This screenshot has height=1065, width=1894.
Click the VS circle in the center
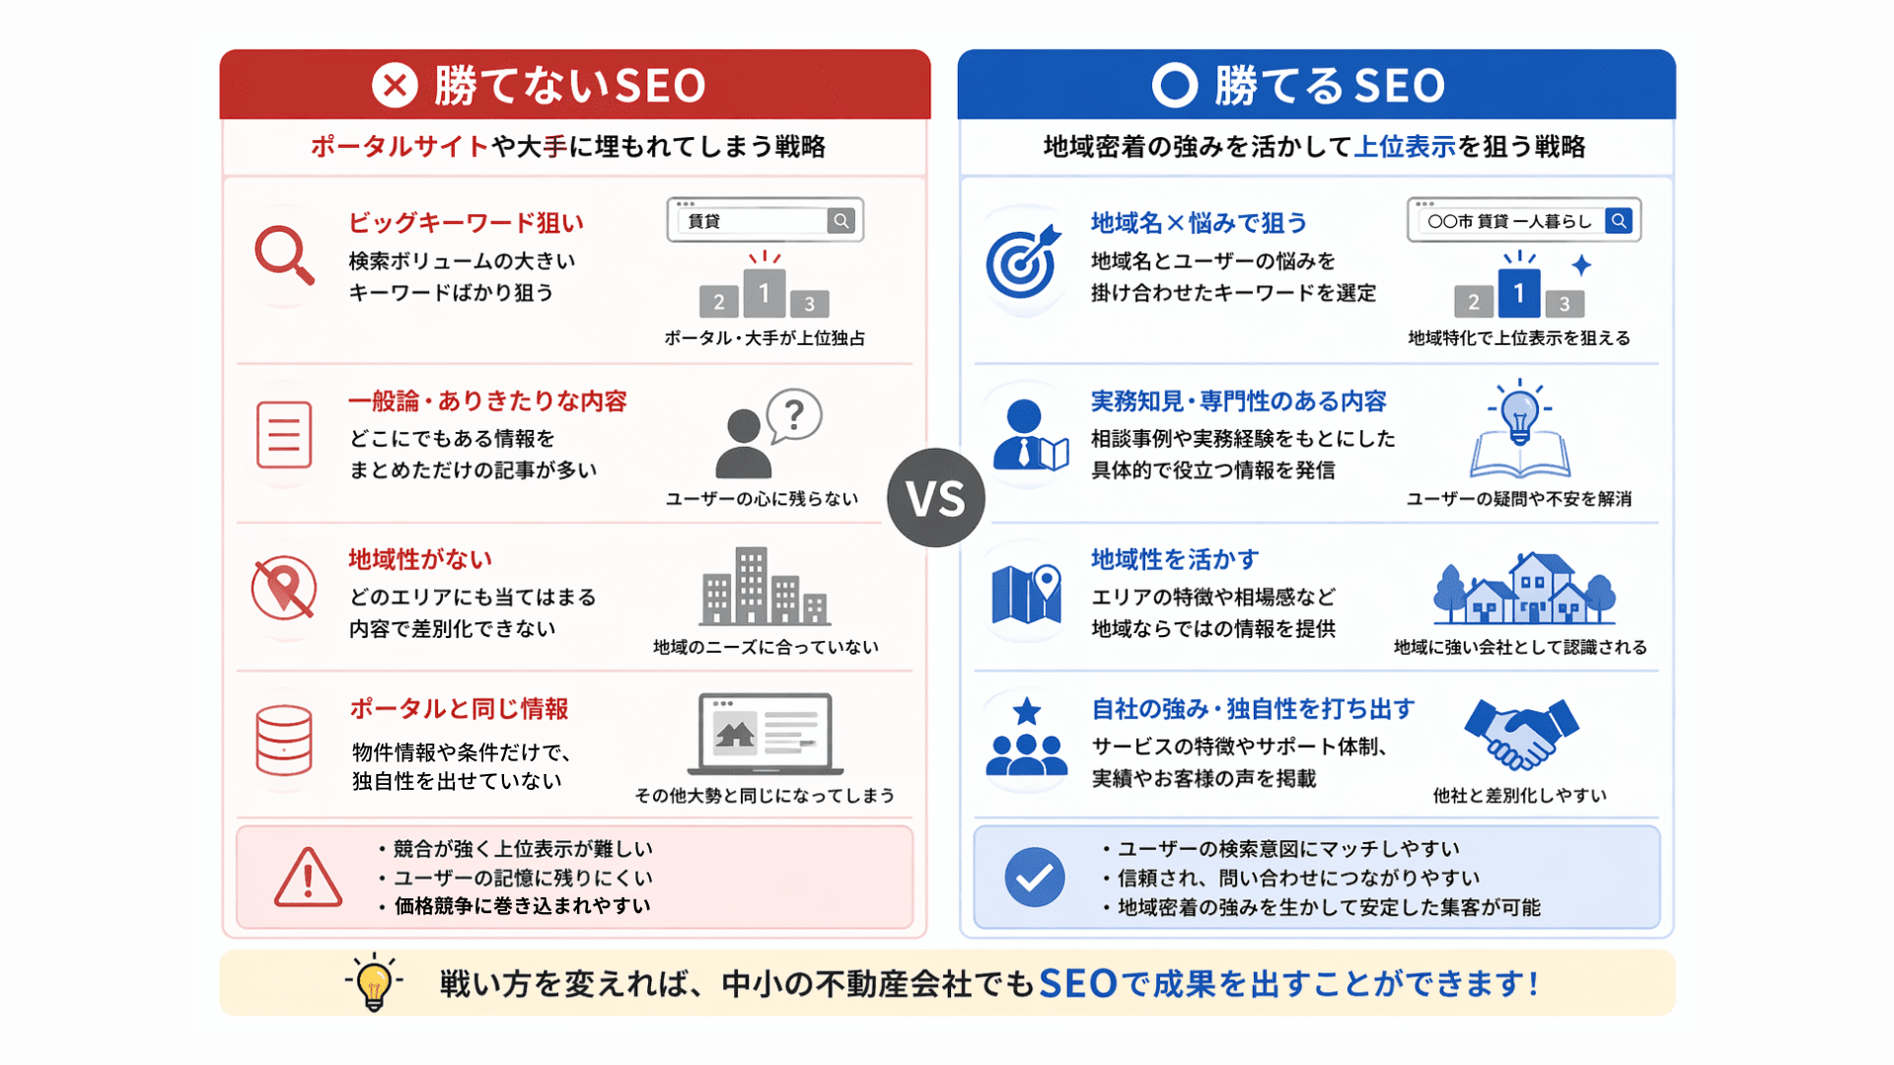point(935,498)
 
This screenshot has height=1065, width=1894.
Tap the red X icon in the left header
point(395,85)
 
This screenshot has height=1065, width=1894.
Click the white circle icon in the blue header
point(1175,85)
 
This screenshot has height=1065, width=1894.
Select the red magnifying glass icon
point(284,255)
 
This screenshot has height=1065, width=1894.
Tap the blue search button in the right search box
point(1618,221)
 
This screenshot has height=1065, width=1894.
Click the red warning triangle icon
point(308,877)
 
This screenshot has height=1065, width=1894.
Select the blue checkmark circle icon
point(1035,877)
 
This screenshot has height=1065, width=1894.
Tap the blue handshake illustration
point(1521,733)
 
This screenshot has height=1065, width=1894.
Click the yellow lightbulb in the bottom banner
point(374,982)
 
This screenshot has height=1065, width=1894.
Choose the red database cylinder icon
point(284,741)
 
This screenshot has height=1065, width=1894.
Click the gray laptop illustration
point(765,734)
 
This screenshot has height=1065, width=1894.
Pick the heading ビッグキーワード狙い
point(466,223)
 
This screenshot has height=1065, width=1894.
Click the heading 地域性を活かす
point(1175,559)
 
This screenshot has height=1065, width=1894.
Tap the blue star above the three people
point(1027,711)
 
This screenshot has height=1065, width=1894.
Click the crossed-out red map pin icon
point(284,589)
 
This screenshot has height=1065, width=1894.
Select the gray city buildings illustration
point(765,587)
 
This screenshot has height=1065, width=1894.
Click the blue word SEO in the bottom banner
point(1078,983)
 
